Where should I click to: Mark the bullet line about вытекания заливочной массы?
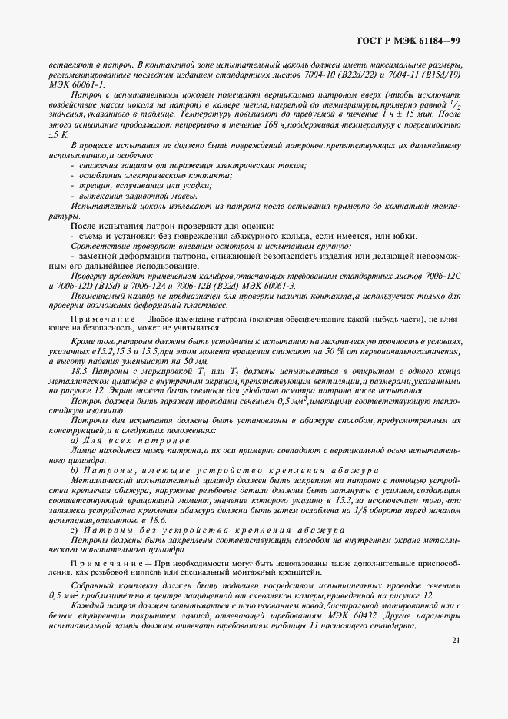pyautogui.click(x=123, y=197)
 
